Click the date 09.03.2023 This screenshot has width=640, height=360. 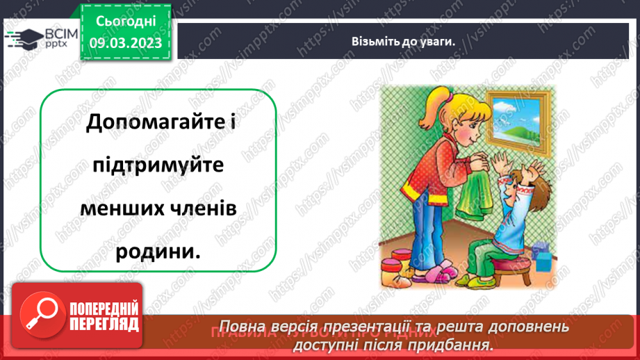pos(126,43)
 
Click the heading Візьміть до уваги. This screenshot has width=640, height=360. pos(403,41)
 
